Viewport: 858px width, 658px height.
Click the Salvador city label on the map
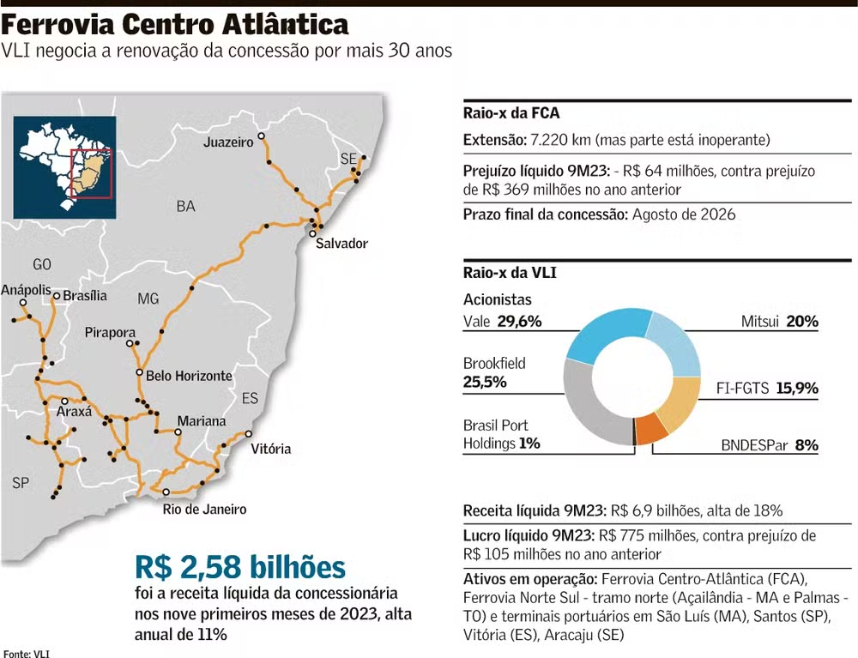point(341,244)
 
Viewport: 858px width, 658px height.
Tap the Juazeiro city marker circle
point(262,136)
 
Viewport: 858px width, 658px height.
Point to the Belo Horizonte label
point(189,376)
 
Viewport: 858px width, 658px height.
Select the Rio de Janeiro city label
point(204,510)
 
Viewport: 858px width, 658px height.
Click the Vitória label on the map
point(270,449)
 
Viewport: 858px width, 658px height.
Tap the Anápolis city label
point(26,291)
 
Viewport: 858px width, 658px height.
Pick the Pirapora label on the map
point(110,332)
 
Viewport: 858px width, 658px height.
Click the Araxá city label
point(73,412)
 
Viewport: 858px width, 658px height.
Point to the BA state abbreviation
point(185,206)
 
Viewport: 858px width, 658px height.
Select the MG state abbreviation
point(148,299)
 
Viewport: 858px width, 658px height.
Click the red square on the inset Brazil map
point(90,174)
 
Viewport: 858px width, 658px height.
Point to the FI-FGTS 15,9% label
point(767,388)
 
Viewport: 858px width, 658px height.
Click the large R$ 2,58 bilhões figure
point(240,567)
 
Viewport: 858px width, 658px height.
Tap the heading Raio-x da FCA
point(511,113)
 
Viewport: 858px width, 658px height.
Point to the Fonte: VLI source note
point(27,653)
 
